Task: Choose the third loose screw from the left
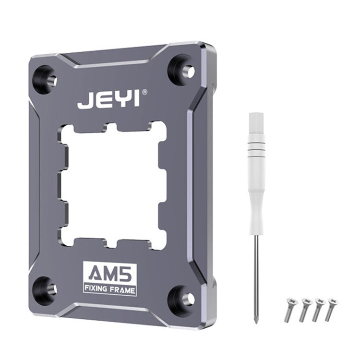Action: point(317,310)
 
